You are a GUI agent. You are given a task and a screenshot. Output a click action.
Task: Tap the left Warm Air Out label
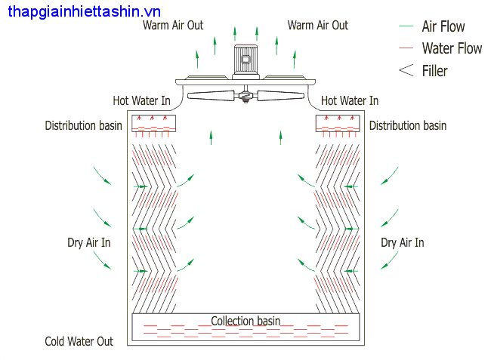(x=173, y=25)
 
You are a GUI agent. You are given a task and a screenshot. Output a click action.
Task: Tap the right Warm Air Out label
(x=317, y=25)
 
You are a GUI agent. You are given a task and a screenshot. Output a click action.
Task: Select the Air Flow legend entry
(x=443, y=26)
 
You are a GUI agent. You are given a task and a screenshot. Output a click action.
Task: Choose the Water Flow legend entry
(x=452, y=48)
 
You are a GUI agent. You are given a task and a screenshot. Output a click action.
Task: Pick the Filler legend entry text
(x=435, y=71)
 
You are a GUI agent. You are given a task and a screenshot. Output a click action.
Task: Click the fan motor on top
(x=245, y=60)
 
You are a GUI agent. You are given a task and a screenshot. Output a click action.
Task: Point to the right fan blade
(x=279, y=97)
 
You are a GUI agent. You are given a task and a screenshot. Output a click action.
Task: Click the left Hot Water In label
(x=141, y=100)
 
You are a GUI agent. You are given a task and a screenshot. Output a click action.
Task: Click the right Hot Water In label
(x=350, y=100)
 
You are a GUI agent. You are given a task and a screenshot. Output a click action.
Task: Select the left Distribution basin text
(x=83, y=125)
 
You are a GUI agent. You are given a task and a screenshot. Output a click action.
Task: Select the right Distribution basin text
(x=408, y=125)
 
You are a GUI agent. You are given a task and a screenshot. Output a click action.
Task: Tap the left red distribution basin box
(x=153, y=123)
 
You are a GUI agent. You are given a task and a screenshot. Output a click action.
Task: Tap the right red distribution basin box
(x=337, y=123)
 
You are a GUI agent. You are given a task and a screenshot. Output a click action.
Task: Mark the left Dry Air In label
(x=88, y=242)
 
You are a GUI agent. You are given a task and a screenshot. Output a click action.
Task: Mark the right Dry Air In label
(x=402, y=242)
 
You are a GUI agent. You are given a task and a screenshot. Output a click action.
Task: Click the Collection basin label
(x=246, y=321)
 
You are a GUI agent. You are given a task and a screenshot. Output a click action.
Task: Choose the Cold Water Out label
(x=79, y=341)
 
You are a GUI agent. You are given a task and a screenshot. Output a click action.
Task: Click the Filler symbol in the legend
(x=406, y=70)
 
